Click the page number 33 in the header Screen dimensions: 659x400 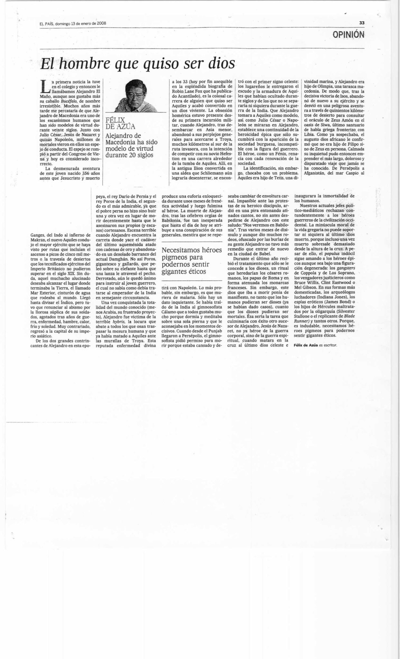[362, 23]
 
